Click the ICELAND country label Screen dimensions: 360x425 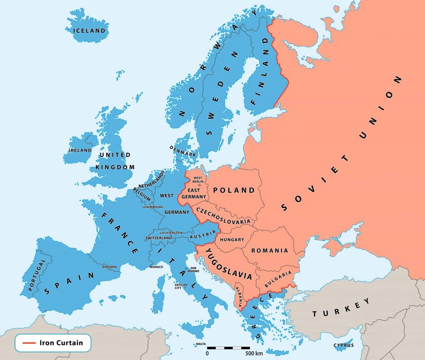click(89, 30)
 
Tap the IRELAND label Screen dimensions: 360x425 click(80, 150)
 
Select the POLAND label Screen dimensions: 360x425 click(234, 190)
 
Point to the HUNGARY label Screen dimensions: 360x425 click(232, 240)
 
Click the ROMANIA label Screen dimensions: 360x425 click(269, 250)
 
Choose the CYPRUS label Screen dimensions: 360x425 click(344, 345)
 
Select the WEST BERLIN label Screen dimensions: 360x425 click(198, 179)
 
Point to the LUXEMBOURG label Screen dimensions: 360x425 click(153, 206)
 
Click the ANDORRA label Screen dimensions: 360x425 click(110, 267)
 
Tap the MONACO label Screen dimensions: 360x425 click(156, 267)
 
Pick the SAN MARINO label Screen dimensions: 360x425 click(194, 269)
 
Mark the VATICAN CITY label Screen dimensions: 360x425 click(178, 286)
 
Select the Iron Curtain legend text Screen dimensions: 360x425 click(61, 343)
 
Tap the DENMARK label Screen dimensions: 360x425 click(183, 150)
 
